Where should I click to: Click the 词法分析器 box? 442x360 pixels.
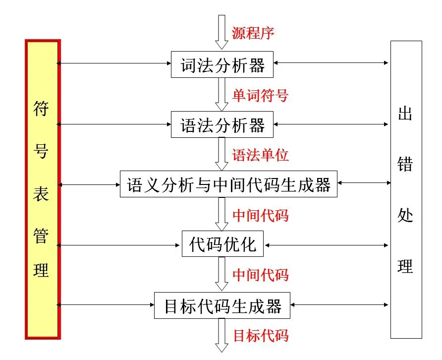pyautogui.click(x=222, y=64)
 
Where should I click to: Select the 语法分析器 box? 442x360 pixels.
pyautogui.click(x=222, y=124)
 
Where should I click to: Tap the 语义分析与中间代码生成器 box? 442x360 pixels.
pyautogui.click(x=228, y=184)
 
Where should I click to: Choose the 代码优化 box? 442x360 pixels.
pyautogui.click(x=223, y=244)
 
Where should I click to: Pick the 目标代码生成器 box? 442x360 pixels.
pyautogui.click(x=222, y=305)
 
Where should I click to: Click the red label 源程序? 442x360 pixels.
pyautogui.click(x=253, y=33)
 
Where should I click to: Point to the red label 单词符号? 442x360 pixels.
pyautogui.click(x=260, y=94)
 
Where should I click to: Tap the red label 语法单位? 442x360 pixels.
pyautogui.click(x=260, y=155)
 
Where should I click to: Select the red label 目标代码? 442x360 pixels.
pyautogui.click(x=260, y=336)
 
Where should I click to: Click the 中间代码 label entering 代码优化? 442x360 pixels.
pyautogui.click(x=260, y=215)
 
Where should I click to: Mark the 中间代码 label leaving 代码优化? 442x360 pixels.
pyautogui.click(x=260, y=275)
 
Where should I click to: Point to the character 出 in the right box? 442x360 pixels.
pyautogui.click(x=405, y=114)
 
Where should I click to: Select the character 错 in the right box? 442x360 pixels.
pyautogui.click(x=405, y=165)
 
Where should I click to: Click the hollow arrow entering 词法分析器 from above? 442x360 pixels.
pyautogui.click(x=221, y=32)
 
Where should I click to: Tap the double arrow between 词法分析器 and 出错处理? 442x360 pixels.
pyautogui.click(x=331, y=63)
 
